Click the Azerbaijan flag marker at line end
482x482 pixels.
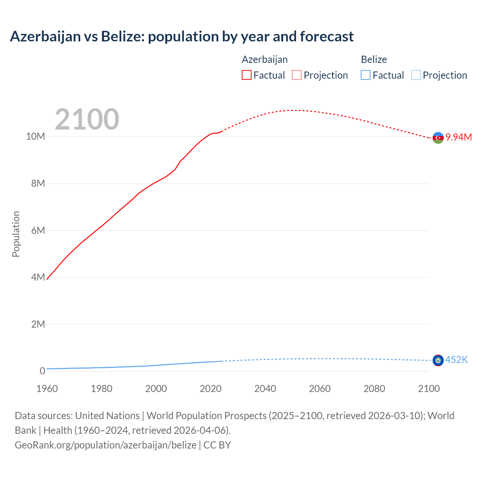pos(438,138)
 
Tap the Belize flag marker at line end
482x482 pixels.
pos(438,360)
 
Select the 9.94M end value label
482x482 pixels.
pos(459,137)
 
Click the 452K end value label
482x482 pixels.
pos(456,360)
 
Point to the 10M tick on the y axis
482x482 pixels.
pos(35,136)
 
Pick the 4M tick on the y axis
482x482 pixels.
pos(38,277)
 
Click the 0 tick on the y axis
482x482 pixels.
pos(42,371)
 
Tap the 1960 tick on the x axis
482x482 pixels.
pos(47,389)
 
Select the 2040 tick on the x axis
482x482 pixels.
pos(265,389)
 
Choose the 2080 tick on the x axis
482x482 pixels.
pos(374,389)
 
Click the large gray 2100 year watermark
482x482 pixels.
pos(87,119)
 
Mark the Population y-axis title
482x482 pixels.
pos(16,234)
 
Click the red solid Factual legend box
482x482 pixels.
pos(246,75)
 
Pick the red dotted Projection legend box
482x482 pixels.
pos(297,75)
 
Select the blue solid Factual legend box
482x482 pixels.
pos(365,75)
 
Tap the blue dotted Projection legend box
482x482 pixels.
pos(416,75)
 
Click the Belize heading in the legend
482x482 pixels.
pos(374,59)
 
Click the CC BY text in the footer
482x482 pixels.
pos(217,445)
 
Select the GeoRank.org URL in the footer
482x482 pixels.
pos(105,445)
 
